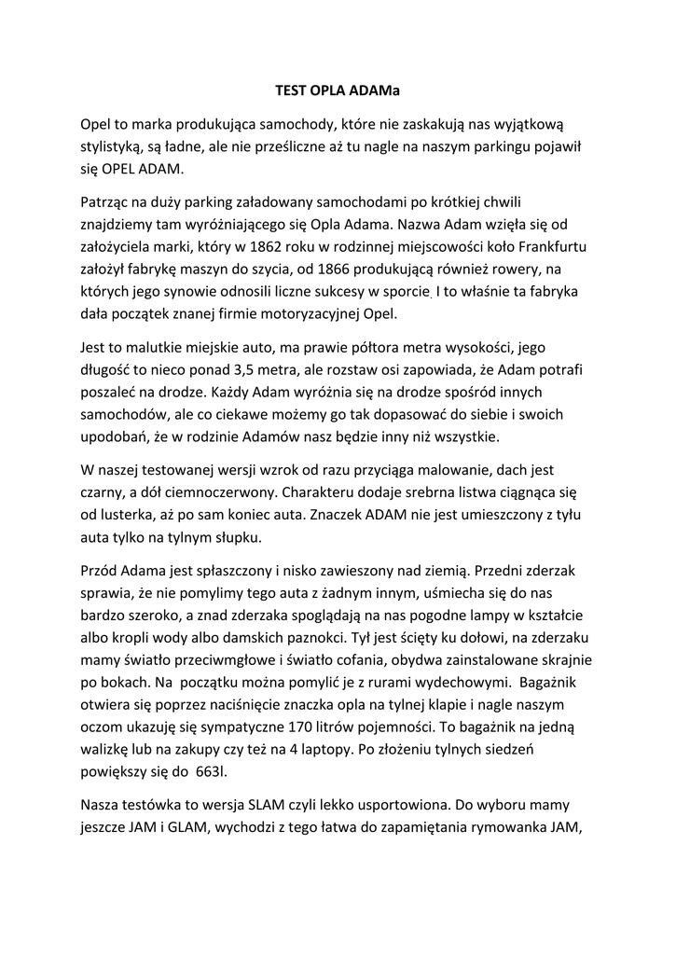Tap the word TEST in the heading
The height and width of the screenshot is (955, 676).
(x=294, y=91)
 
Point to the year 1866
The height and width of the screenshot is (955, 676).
(x=336, y=270)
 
